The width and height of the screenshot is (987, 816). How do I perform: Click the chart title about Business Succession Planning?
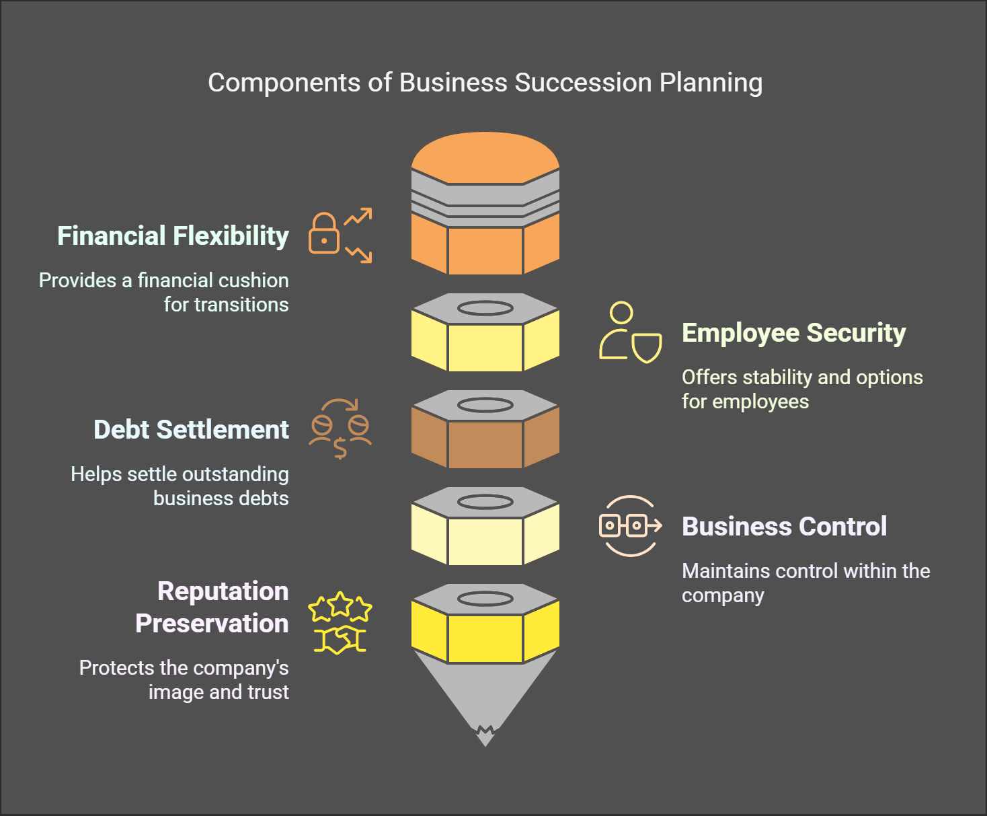(x=485, y=83)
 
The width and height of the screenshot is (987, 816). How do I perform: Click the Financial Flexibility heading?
(x=173, y=236)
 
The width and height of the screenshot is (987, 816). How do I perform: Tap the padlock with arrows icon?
(x=340, y=235)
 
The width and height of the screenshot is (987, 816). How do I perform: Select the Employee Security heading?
(x=793, y=333)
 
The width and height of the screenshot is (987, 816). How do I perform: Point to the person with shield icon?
(x=630, y=332)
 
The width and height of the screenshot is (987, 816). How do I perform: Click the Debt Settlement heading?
(x=191, y=430)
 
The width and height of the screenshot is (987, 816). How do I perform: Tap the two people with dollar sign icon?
(x=340, y=429)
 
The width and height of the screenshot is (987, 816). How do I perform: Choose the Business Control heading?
(x=784, y=527)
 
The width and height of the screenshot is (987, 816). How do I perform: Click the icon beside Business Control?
(x=630, y=525)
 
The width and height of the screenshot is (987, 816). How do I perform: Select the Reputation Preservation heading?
(x=212, y=607)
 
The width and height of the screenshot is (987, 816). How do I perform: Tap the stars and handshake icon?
(x=340, y=623)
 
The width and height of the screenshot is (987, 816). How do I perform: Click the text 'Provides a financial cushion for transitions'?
(x=164, y=293)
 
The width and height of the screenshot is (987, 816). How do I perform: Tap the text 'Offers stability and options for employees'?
(x=801, y=390)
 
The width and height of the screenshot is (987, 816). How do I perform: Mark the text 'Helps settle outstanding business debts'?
(x=180, y=486)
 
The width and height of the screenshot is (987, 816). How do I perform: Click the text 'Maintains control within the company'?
(x=805, y=583)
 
